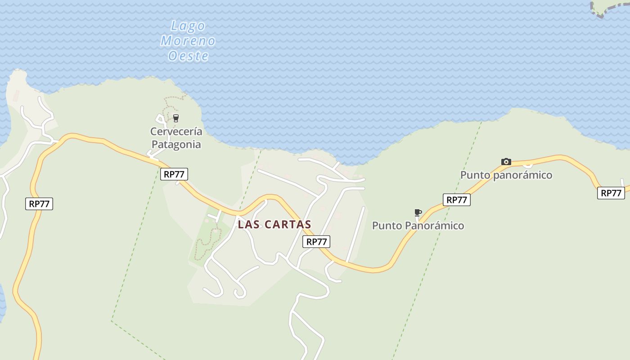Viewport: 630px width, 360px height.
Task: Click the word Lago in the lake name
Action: click(189, 27)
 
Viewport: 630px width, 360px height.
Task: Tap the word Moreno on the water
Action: click(188, 41)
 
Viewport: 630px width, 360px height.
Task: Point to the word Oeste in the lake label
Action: click(189, 56)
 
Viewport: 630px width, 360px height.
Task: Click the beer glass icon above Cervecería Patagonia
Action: click(176, 118)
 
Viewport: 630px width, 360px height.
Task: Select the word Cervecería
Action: click(176, 132)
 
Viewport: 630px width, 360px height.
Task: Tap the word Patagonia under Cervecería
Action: click(176, 144)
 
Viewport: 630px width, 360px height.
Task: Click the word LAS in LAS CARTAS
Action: click(249, 224)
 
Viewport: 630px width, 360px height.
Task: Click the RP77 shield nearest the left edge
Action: click(39, 204)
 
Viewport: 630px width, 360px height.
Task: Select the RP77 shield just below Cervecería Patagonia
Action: click(174, 174)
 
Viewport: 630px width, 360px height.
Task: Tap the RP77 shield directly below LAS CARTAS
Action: click(316, 242)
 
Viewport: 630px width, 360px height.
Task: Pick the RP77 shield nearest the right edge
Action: click(611, 193)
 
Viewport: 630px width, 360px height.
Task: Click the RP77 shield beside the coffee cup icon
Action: click(457, 200)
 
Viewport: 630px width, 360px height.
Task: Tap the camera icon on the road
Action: click(506, 162)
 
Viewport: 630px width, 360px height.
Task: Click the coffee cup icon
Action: click(418, 212)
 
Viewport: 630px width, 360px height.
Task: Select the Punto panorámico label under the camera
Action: click(506, 175)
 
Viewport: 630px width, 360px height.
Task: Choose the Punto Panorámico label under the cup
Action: click(418, 225)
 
